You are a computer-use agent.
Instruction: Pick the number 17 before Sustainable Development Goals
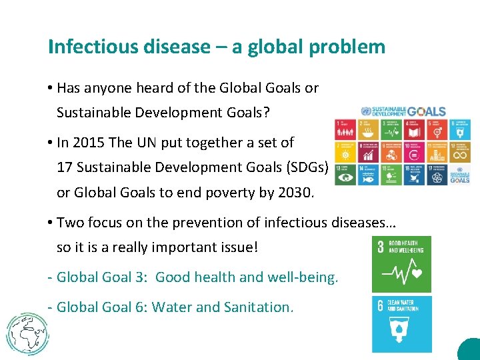(x=65, y=167)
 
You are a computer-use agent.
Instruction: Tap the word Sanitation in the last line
(x=259, y=307)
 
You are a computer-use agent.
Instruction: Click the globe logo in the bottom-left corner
(x=27, y=331)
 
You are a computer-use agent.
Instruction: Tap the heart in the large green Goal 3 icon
(x=416, y=273)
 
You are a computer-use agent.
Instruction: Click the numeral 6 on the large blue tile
(x=380, y=306)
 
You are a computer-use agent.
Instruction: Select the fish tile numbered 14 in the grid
(x=367, y=175)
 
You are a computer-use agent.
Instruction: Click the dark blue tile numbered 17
(x=436, y=175)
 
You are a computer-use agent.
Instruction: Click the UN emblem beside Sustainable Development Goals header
(x=366, y=111)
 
